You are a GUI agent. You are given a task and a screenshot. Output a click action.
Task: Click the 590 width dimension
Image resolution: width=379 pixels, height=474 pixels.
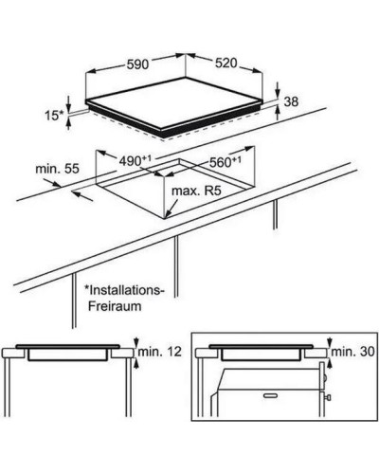[137, 64]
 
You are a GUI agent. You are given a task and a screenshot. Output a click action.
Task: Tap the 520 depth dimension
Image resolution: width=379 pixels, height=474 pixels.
[226, 63]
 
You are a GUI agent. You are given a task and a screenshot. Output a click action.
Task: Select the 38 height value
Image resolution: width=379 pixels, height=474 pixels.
[291, 101]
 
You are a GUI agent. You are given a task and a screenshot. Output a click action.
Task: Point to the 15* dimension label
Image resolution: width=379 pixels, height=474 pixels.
[54, 116]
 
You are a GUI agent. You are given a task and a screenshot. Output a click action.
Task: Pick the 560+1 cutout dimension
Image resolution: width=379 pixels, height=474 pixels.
[226, 161]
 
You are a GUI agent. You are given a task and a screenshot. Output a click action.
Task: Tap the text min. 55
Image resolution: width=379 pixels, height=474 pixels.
[57, 169]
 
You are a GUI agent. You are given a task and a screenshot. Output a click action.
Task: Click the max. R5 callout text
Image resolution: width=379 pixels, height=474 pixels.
[196, 191]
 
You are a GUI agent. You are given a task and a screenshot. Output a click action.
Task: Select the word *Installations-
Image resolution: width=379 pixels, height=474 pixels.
[124, 290]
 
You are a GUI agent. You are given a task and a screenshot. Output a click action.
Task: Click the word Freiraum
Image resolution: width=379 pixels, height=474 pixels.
[115, 306]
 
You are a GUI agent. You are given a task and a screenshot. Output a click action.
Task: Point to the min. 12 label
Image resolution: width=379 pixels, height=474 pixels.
[160, 352]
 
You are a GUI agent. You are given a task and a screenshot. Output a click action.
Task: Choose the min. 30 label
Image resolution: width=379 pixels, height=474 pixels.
[352, 352]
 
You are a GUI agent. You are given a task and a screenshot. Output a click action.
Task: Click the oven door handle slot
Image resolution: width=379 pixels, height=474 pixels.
[270, 395]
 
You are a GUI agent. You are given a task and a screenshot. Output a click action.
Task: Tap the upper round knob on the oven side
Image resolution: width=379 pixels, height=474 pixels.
[325, 377]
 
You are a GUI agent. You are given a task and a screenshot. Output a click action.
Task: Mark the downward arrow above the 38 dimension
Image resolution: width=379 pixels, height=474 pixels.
[277, 89]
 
